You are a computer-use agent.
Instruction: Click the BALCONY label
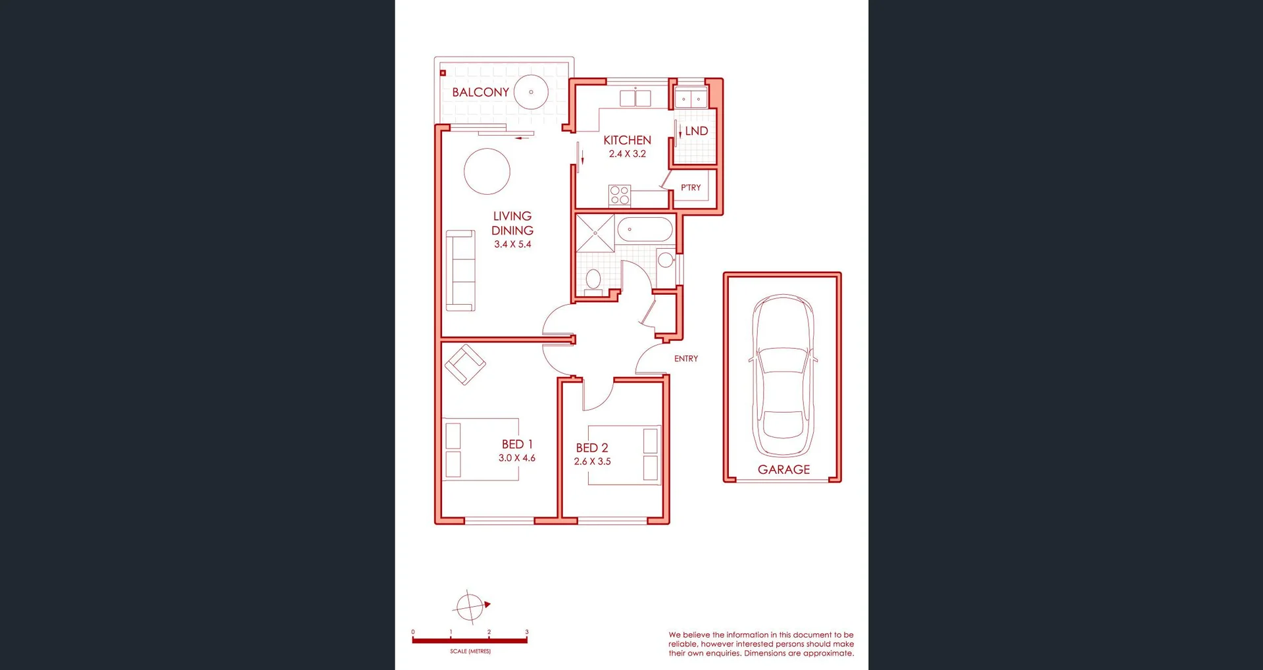480,92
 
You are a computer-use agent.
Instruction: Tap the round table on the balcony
531,92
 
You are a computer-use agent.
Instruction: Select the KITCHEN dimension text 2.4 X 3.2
627,154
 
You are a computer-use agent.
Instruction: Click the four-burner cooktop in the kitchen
620,195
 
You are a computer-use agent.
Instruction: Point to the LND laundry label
696,131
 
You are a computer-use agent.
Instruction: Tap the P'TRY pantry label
691,188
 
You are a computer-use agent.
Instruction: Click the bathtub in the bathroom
645,230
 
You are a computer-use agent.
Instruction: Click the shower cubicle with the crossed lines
595,233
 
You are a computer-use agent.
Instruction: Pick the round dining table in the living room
487,171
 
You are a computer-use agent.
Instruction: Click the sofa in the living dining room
460,271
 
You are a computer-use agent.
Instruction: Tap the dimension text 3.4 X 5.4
512,244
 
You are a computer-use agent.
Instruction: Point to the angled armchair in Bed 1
465,364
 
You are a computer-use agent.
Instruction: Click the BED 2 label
592,448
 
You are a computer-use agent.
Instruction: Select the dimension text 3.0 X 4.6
516,458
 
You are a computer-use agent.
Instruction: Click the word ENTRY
685,359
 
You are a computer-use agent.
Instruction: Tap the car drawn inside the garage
783,375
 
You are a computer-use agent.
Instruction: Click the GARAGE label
783,469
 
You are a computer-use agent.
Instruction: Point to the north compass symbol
471,606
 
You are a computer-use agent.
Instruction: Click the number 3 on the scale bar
526,632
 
